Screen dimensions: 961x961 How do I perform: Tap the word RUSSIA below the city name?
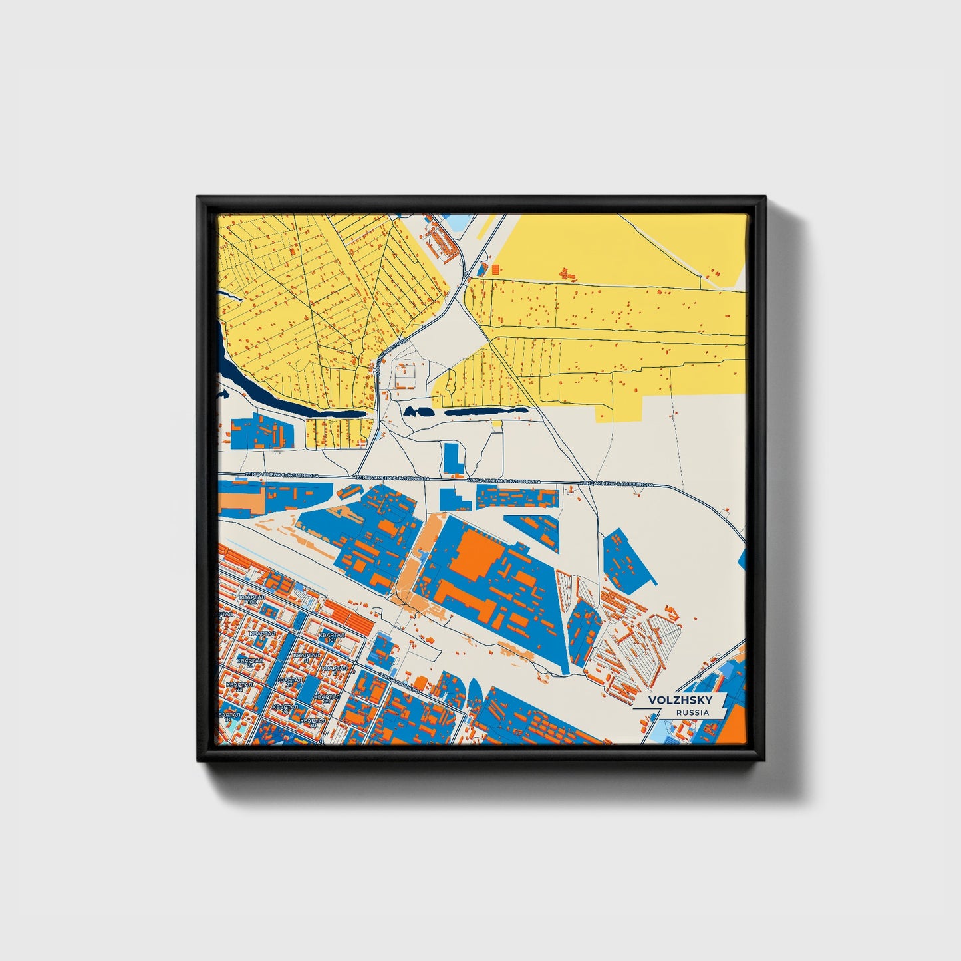[692, 712]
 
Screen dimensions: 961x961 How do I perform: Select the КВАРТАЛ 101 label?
[331, 637]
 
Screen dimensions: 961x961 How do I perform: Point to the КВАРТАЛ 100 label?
[252, 599]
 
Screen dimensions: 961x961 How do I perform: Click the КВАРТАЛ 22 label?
[249, 662]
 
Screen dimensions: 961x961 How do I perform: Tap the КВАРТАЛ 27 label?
[290, 682]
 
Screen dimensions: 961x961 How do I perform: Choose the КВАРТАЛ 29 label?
[327, 698]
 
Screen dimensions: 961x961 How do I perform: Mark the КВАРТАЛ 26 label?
[284, 708]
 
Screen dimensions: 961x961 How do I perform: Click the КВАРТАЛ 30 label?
[313, 722]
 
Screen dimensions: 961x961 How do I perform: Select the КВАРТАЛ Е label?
[335, 669]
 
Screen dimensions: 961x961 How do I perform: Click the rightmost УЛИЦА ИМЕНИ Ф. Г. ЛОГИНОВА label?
[616, 484]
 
